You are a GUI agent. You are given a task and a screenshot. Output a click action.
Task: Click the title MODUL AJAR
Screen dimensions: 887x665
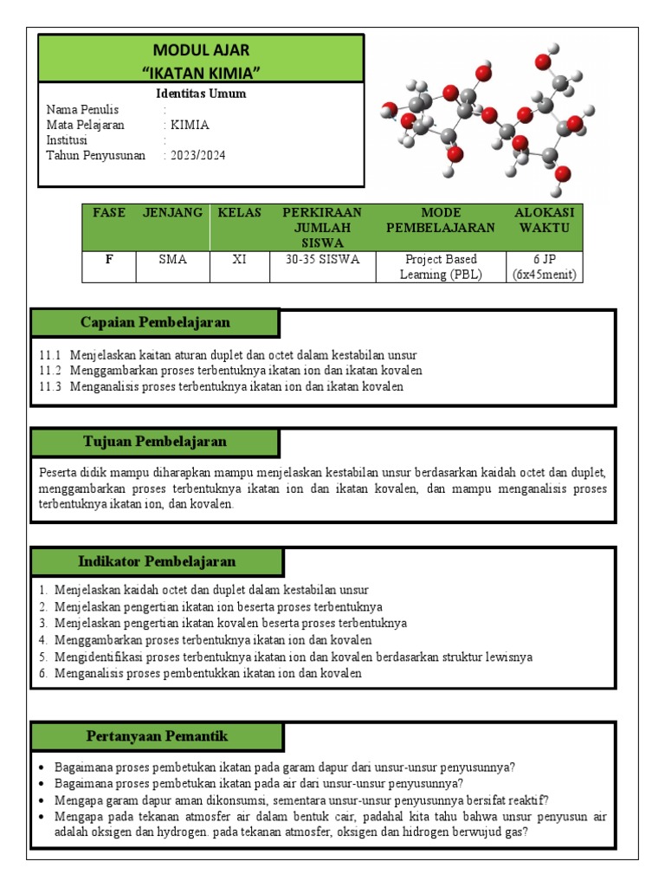[x=201, y=50]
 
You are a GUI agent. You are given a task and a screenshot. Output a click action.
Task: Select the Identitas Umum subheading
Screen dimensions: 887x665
[x=201, y=94]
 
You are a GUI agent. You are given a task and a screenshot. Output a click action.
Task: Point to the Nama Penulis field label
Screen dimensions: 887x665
[x=82, y=110]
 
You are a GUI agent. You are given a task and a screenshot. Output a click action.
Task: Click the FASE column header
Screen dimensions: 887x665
[x=109, y=213]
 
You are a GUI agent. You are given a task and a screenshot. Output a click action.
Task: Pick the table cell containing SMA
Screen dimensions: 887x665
[x=172, y=260]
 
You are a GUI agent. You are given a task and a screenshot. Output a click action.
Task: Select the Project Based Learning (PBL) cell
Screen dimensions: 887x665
[x=441, y=267]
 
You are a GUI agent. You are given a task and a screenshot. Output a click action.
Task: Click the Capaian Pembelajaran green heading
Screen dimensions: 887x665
[x=155, y=322]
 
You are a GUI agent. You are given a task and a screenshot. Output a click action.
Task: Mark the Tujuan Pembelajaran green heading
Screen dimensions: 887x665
[x=155, y=442]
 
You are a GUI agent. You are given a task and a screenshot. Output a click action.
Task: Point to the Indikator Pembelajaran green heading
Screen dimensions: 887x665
[x=157, y=561]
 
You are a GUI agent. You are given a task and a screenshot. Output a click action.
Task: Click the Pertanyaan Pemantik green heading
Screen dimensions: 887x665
[x=157, y=736]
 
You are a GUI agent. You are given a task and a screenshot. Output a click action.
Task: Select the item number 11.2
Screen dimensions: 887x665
[x=51, y=371]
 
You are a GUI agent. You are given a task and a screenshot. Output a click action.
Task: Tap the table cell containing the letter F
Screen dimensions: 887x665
[x=109, y=260]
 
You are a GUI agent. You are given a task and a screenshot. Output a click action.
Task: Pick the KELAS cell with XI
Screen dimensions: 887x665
[x=240, y=260]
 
